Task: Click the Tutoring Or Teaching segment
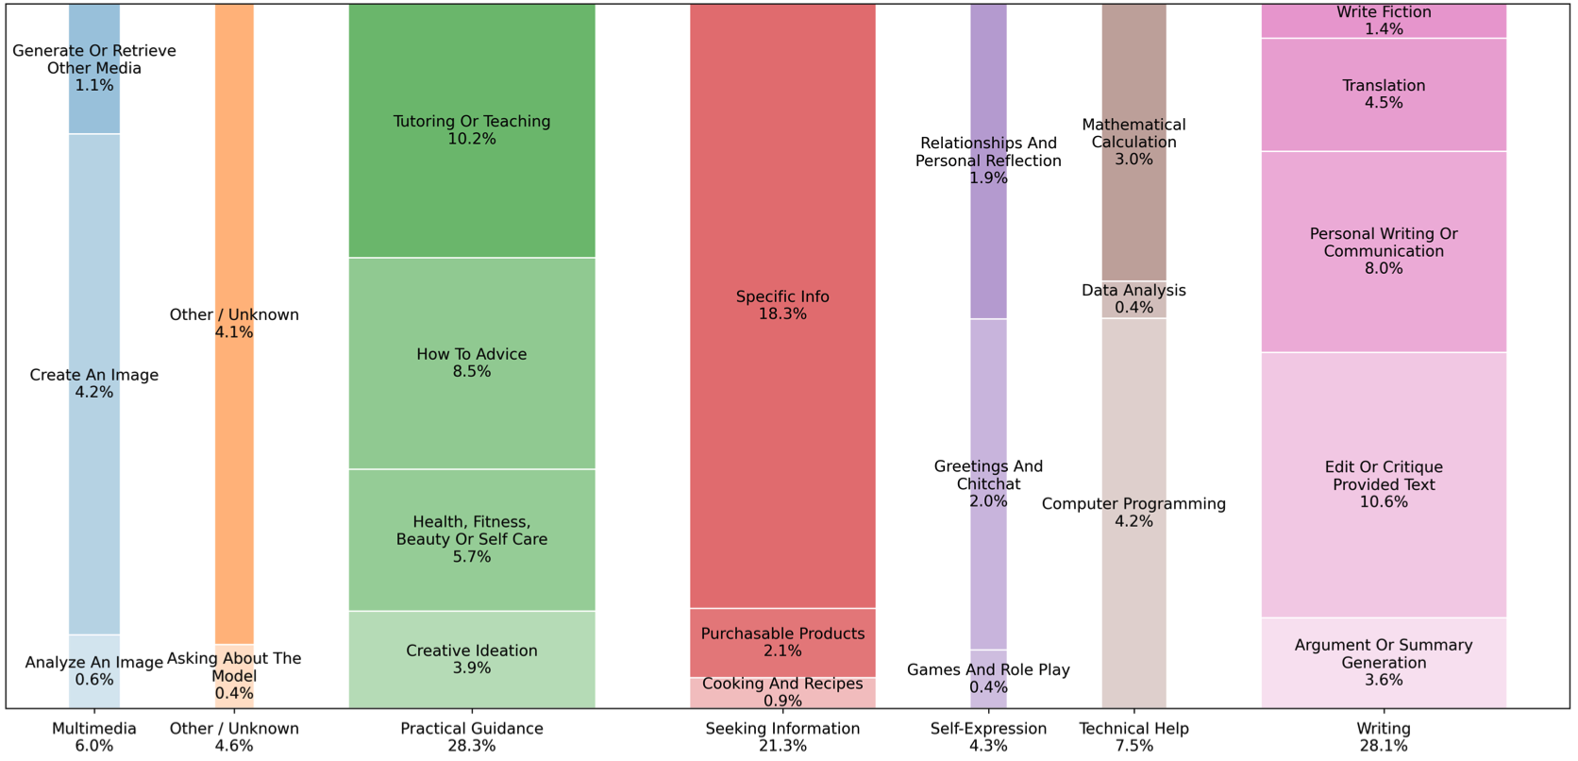point(472,130)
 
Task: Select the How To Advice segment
point(472,364)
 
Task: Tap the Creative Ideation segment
point(472,659)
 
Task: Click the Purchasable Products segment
point(782,643)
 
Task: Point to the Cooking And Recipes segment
point(782,692)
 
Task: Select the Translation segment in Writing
point(1384,94)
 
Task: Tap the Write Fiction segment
point(1384,21)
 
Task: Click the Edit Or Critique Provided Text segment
point(1384,484)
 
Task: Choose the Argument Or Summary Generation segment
point(1384,662)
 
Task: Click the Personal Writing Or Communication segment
point(1384,251)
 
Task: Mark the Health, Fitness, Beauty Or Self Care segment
point(472,539)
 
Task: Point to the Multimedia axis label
point(94,729)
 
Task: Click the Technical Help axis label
point(1133,729)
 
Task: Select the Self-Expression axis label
point(988,729)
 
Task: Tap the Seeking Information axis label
point(782,729)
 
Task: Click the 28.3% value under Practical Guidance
point(472,746)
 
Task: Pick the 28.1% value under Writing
point(1384,746)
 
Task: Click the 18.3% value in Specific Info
point(782,314)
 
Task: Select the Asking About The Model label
point(234,667)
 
